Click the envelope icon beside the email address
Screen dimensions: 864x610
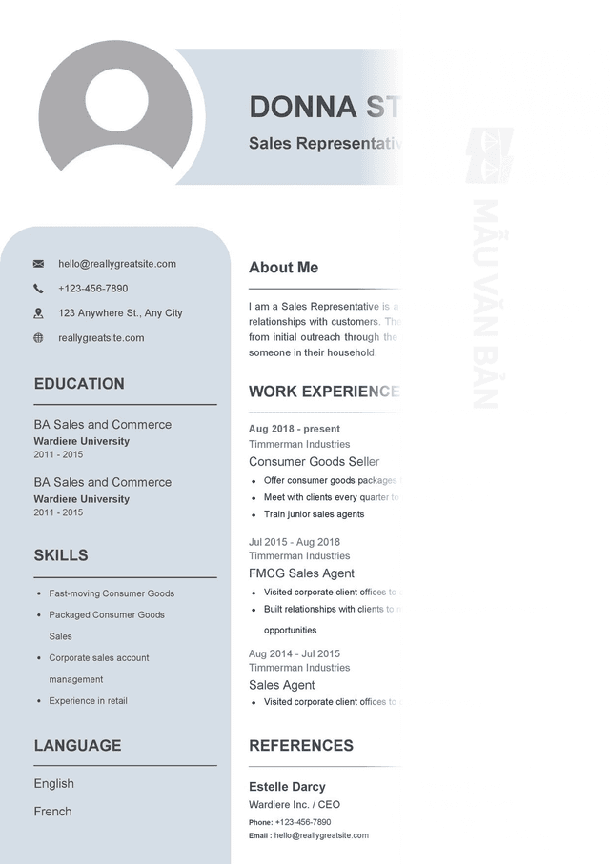38,264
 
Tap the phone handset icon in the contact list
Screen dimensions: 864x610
38,289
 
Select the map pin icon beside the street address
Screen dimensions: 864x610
38,313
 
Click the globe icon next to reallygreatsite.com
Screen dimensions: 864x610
38,338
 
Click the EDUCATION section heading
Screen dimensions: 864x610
79,384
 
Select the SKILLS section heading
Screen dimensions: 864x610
61,555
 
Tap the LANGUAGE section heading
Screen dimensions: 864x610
77,746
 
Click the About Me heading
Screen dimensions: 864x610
283,268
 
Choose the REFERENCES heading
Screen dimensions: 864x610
300,746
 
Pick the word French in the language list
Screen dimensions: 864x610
52,812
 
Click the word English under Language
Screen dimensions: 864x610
53,784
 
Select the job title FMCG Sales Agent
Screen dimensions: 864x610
301,573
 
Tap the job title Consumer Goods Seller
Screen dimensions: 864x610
314,462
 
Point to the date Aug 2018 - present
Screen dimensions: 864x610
295,429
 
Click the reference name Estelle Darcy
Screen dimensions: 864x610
287,787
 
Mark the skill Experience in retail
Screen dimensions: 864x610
88,701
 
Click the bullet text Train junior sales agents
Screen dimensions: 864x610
314,514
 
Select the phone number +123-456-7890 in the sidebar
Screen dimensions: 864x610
92,289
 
